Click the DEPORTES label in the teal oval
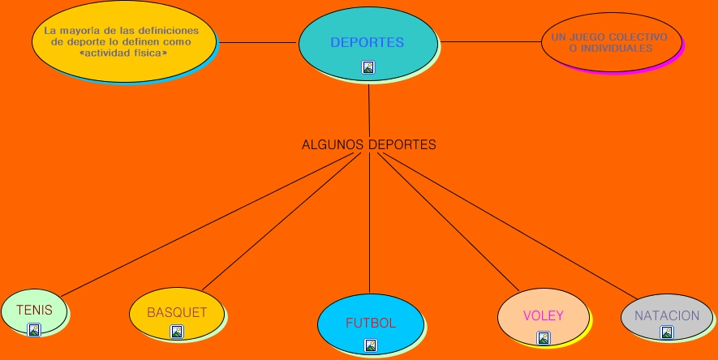pyautogui.click(x=367, y=42)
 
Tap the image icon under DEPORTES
pyautogui.click(x=368, y=67)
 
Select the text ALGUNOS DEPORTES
pyautogui.click(x=369, y=145)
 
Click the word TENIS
pyautogui.click(x=34, y=310)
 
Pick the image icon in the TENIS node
pyautogui.click(x=34, y=329)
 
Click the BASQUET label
pyautogui.click(x=177, y=312)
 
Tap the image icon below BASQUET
pyautogui.click(x=177, y=331)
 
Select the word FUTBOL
pyautogui.click(x=371, y=323)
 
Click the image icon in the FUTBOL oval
pyautogui.click(x=371, y=345)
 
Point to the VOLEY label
pyautogui.click(x=544, y=316)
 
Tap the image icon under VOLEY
pyautogui.click(x=544, y=337)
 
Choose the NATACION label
pyautogui.click(x=667, y=315)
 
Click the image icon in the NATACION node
pyautogui.click(x=667, y=332)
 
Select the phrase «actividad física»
pyautogui.click(x=124, y=53)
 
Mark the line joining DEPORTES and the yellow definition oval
pyautogui.click(x=258, y=42)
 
